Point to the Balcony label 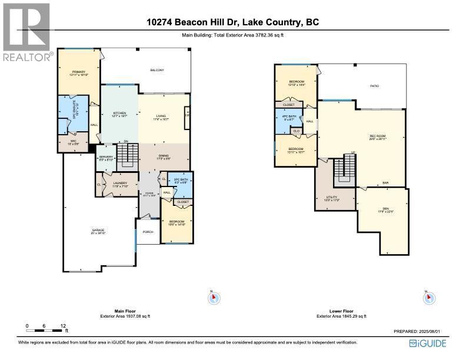tap(156, 71)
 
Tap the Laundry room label tap(120, 184)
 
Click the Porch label tap(148, 232)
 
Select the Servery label tap(106, 158)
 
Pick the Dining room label tap(163, 156)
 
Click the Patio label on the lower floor tap(374, 86)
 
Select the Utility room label tap(332, 198)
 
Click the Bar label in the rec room tap(385, 183)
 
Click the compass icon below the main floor tap(214, 298)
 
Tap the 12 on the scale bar tap(62, 325)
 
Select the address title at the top tap(233, 22)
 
